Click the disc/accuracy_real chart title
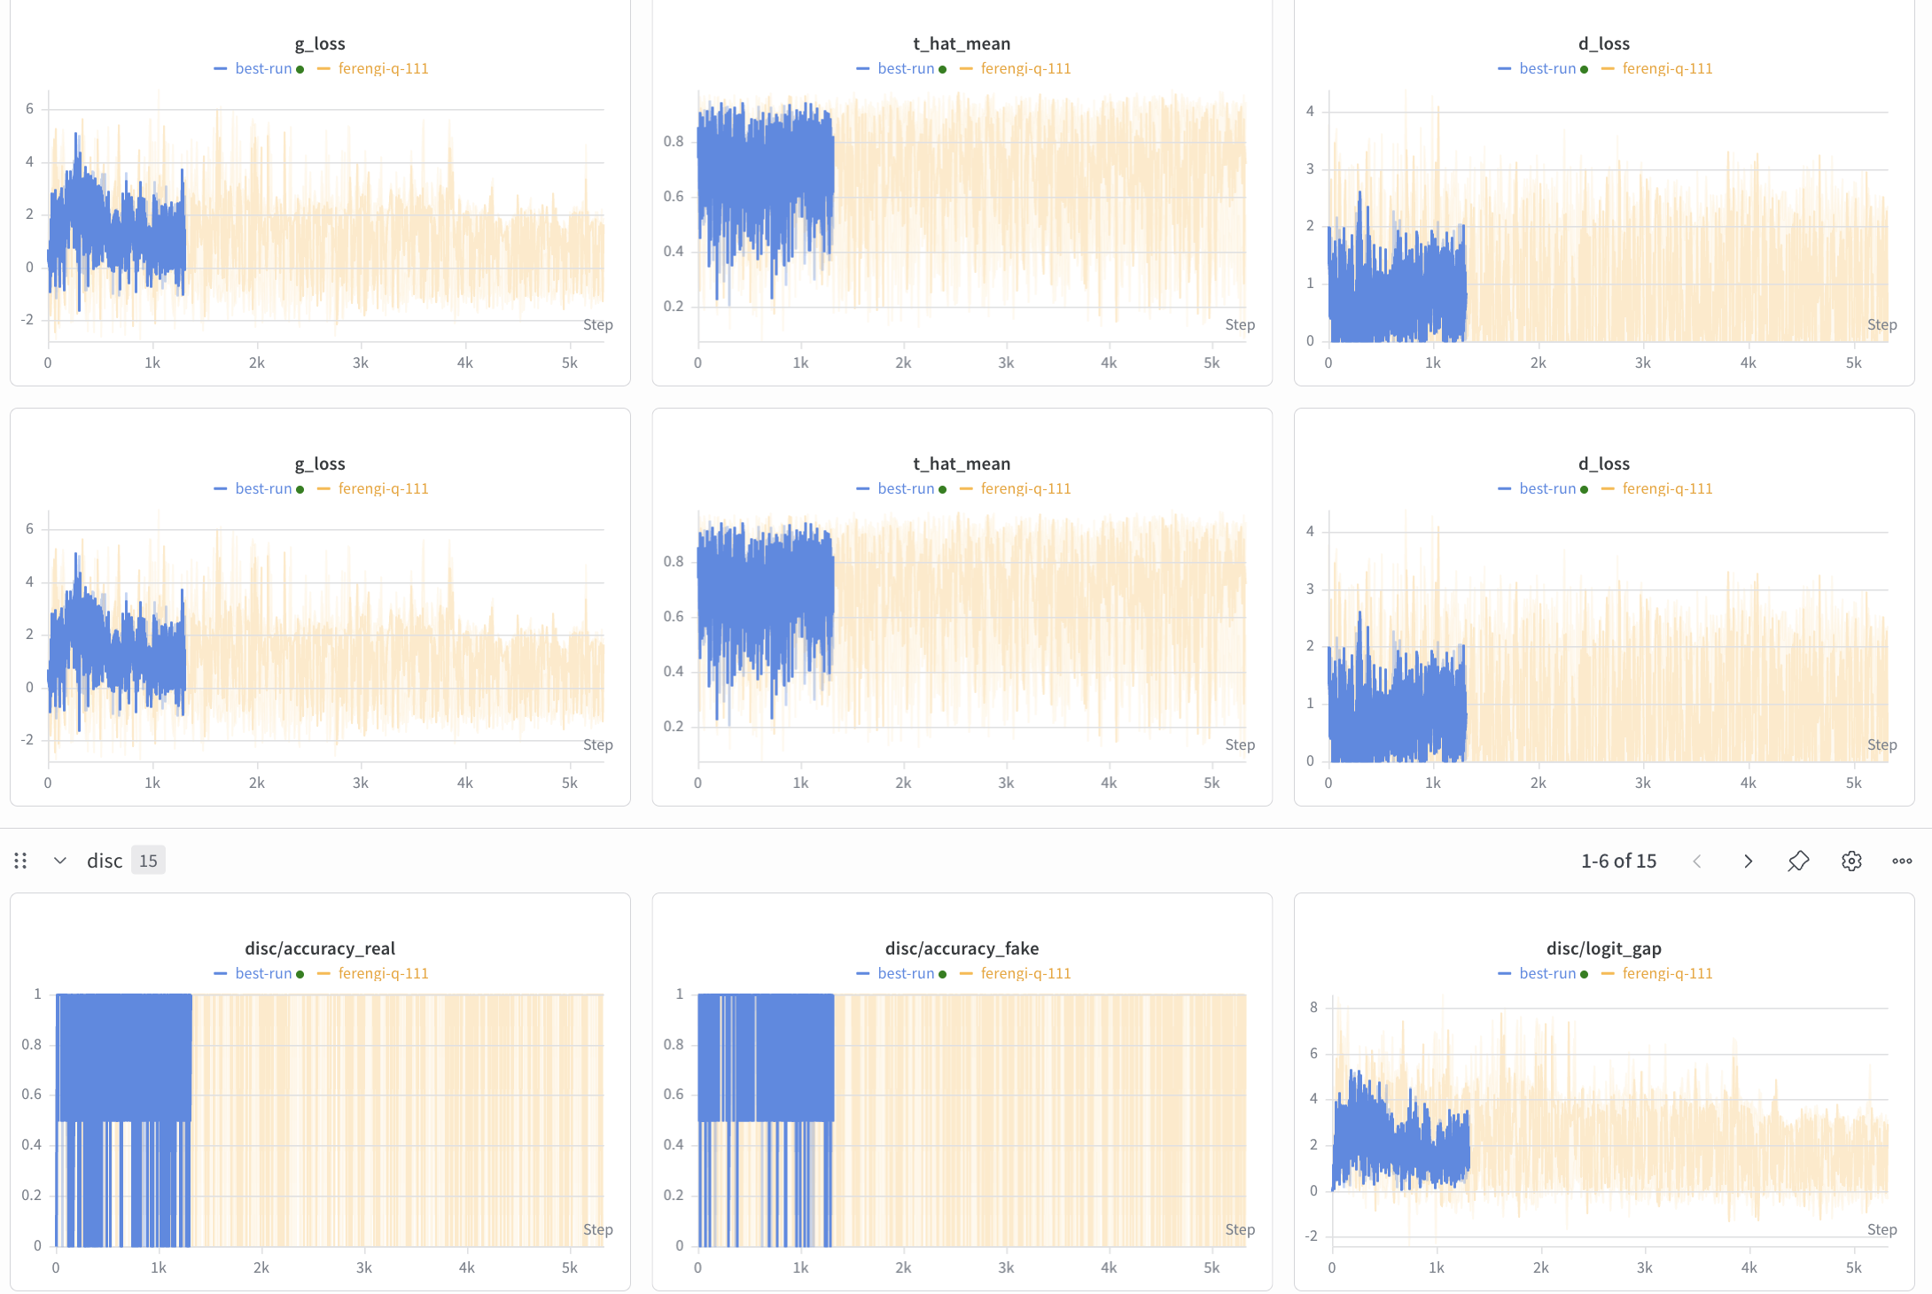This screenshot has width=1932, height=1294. click(x=320, y=948)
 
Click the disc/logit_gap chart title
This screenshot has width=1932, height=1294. click(x=1603, y=948)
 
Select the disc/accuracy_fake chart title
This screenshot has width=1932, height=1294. click(x=962, y=948)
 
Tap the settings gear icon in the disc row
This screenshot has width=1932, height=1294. click(x=1851, y=861)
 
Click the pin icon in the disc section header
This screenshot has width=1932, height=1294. click(x=1798, y=861)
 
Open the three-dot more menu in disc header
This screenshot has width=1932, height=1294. click(x=1902, y=861)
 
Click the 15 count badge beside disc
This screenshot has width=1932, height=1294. click(x=148, y=861)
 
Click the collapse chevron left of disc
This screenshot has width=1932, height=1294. click(x=60, y=861)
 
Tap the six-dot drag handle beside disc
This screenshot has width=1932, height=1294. click(x=20, y=861)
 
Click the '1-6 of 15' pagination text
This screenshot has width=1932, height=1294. click(x=1618, y=861)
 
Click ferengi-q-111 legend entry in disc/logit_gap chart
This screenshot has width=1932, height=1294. click(x=1667, y=973)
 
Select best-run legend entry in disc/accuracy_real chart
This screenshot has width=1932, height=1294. click(x=263, y=973)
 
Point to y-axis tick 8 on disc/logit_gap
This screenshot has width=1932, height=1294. click(x=1313, y=1007)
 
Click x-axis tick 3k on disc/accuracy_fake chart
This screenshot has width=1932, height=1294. click(x=1006, y=1267)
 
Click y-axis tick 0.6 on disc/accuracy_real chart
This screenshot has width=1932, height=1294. click(x=32, y=1094)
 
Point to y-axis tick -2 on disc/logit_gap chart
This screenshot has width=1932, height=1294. click(x=1311, y=1236)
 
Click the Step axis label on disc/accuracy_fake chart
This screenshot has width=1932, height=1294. click(x=1240, y=1229)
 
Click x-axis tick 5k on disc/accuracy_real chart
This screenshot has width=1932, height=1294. click(x=570, y=1267)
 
